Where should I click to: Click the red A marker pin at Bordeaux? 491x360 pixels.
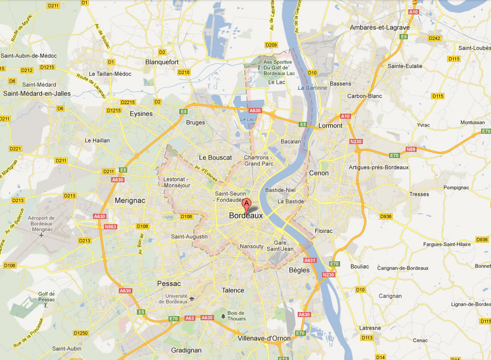[247, 204]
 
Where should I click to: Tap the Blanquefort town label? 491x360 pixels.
[162, 62]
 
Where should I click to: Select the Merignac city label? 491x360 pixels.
[129, 200]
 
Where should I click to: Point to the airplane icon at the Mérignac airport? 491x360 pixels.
[41, 235]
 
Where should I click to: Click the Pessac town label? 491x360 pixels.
[169, 284]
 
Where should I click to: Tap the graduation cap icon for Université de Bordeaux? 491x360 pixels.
[192, 299]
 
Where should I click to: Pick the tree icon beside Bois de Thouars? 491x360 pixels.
[223, 315]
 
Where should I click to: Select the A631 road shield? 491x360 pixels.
[310, 260]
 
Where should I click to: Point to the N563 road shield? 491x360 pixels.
[110, 226]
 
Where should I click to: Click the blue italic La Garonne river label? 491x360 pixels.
[312, 88]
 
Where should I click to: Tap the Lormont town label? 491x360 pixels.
[330, 126]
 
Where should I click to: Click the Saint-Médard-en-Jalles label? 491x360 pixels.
[37, 93]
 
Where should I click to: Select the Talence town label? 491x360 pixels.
[233, 290]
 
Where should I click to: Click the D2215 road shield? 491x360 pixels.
[127, 102]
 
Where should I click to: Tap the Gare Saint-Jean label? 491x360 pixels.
[280, 246]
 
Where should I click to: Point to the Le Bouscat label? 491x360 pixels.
[216, 157]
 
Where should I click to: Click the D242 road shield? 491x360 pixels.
[434, 38]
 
